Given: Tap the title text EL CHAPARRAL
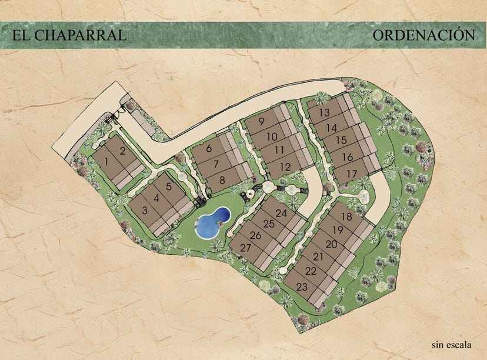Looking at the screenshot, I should tap(69, 35).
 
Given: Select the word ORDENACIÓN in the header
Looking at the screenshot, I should tap(423, 35).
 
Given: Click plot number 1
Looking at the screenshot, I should tap(106, 160).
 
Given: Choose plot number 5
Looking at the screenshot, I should tap(168, 188).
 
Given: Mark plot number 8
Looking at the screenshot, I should tap(222, 180).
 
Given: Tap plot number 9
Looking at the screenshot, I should tap(260, 121).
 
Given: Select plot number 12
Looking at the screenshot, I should tap(285, 166).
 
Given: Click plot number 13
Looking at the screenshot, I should tap(323, 112).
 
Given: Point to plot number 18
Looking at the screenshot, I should tap(346, 217).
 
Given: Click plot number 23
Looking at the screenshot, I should tap(302, 287).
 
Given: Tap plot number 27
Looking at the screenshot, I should tap(245, 247).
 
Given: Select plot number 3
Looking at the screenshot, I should tap(144, 209).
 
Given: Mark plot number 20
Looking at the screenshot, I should tap(331, 244).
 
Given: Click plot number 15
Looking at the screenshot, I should tap(341, 141).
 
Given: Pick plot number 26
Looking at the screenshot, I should tap(256, 235).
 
